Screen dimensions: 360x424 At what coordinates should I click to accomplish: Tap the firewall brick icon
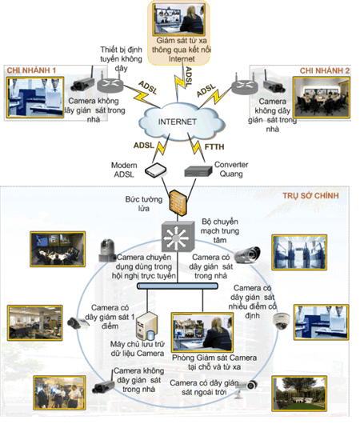178,202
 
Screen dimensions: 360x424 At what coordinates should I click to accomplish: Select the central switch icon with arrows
178,237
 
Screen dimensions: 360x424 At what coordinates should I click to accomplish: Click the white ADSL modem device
155,170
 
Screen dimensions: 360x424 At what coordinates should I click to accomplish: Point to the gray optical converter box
198,171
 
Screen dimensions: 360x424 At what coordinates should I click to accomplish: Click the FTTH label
214,147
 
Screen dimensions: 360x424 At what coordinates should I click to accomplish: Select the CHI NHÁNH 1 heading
31,70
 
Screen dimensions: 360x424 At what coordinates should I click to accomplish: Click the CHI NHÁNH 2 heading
325,71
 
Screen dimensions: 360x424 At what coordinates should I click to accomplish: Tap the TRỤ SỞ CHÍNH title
310,196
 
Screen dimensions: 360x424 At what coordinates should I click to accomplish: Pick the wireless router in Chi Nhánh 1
110,83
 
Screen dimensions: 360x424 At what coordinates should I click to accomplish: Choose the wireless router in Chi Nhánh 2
245,86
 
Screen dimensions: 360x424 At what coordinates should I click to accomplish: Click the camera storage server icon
146,326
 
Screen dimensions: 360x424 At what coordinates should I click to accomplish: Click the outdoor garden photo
299,393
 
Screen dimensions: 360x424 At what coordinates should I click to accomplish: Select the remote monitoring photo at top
178,19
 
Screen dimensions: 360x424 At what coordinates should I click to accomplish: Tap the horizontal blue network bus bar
178,286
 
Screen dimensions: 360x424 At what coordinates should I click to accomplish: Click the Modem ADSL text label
124,170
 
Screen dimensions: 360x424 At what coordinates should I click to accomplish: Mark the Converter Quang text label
231,169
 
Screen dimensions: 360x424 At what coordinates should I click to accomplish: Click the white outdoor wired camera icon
246,388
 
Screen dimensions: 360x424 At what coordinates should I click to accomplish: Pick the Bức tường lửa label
144,204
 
